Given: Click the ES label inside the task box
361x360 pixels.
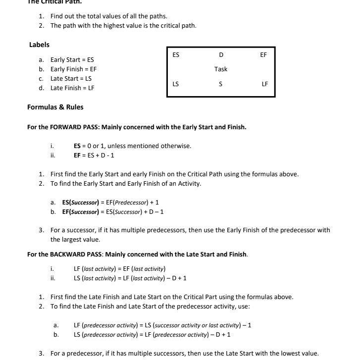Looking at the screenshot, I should click(x=176, y=55).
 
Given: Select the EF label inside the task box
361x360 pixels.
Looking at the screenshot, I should click(x=263, y=55).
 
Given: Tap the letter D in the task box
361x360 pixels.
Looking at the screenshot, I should click(x=221, y=55).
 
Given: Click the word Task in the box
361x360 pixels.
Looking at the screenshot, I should click(x=221, y=69).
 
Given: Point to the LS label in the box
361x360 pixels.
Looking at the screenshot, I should click(x=176, y=84).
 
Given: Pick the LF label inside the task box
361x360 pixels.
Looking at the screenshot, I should click(x=264, y=84).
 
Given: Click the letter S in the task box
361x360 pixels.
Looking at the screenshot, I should click(x=221, y=84).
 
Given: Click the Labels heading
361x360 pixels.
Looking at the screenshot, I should click(x=40, y=45).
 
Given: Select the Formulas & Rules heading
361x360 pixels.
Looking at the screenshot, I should click(x=55, y=107).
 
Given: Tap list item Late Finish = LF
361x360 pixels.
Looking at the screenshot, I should click(x=72, y=88).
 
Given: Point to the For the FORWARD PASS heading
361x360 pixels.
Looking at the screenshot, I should click(x=137, y=127).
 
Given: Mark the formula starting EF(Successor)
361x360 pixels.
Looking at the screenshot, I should click(x=113, y=212).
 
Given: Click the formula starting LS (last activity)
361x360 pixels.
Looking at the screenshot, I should click(x=130, y=278).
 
